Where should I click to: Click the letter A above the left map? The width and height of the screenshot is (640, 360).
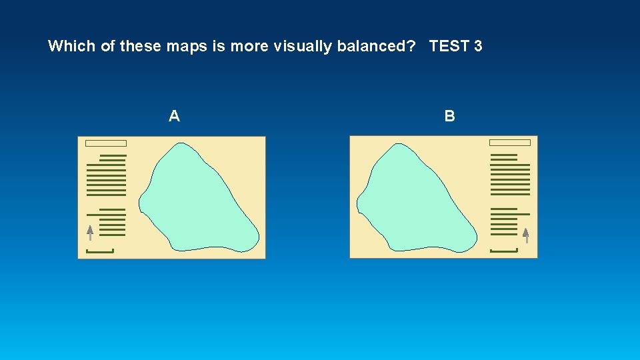174,117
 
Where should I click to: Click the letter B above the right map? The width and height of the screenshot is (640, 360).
450,117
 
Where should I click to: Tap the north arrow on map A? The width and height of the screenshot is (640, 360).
90,232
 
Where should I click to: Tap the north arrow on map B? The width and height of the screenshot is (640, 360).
526,235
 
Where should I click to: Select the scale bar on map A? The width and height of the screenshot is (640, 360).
100,251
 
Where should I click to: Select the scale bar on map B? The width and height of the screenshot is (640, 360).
504,251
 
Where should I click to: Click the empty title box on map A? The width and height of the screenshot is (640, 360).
107,143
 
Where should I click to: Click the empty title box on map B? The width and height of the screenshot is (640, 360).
510,143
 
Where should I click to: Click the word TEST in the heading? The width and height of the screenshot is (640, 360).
449,46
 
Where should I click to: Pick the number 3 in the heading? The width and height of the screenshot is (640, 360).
478,46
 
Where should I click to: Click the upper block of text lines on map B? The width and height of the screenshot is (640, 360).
510,175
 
